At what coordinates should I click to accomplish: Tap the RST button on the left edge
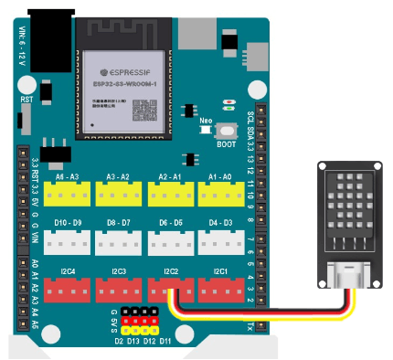pos(27,117)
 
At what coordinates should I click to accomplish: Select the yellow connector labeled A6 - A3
pos(67,193)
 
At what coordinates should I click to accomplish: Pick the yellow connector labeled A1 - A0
pos(220,193)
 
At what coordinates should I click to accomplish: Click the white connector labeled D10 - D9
pos(67,239)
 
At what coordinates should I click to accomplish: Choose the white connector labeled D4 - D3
pos(220,239)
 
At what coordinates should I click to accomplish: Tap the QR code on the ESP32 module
pos(146,109)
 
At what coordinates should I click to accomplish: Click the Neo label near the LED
pos(206,121)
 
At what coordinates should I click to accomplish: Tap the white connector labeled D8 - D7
pos(118,239)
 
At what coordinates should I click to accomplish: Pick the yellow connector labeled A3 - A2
pos(118,193)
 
